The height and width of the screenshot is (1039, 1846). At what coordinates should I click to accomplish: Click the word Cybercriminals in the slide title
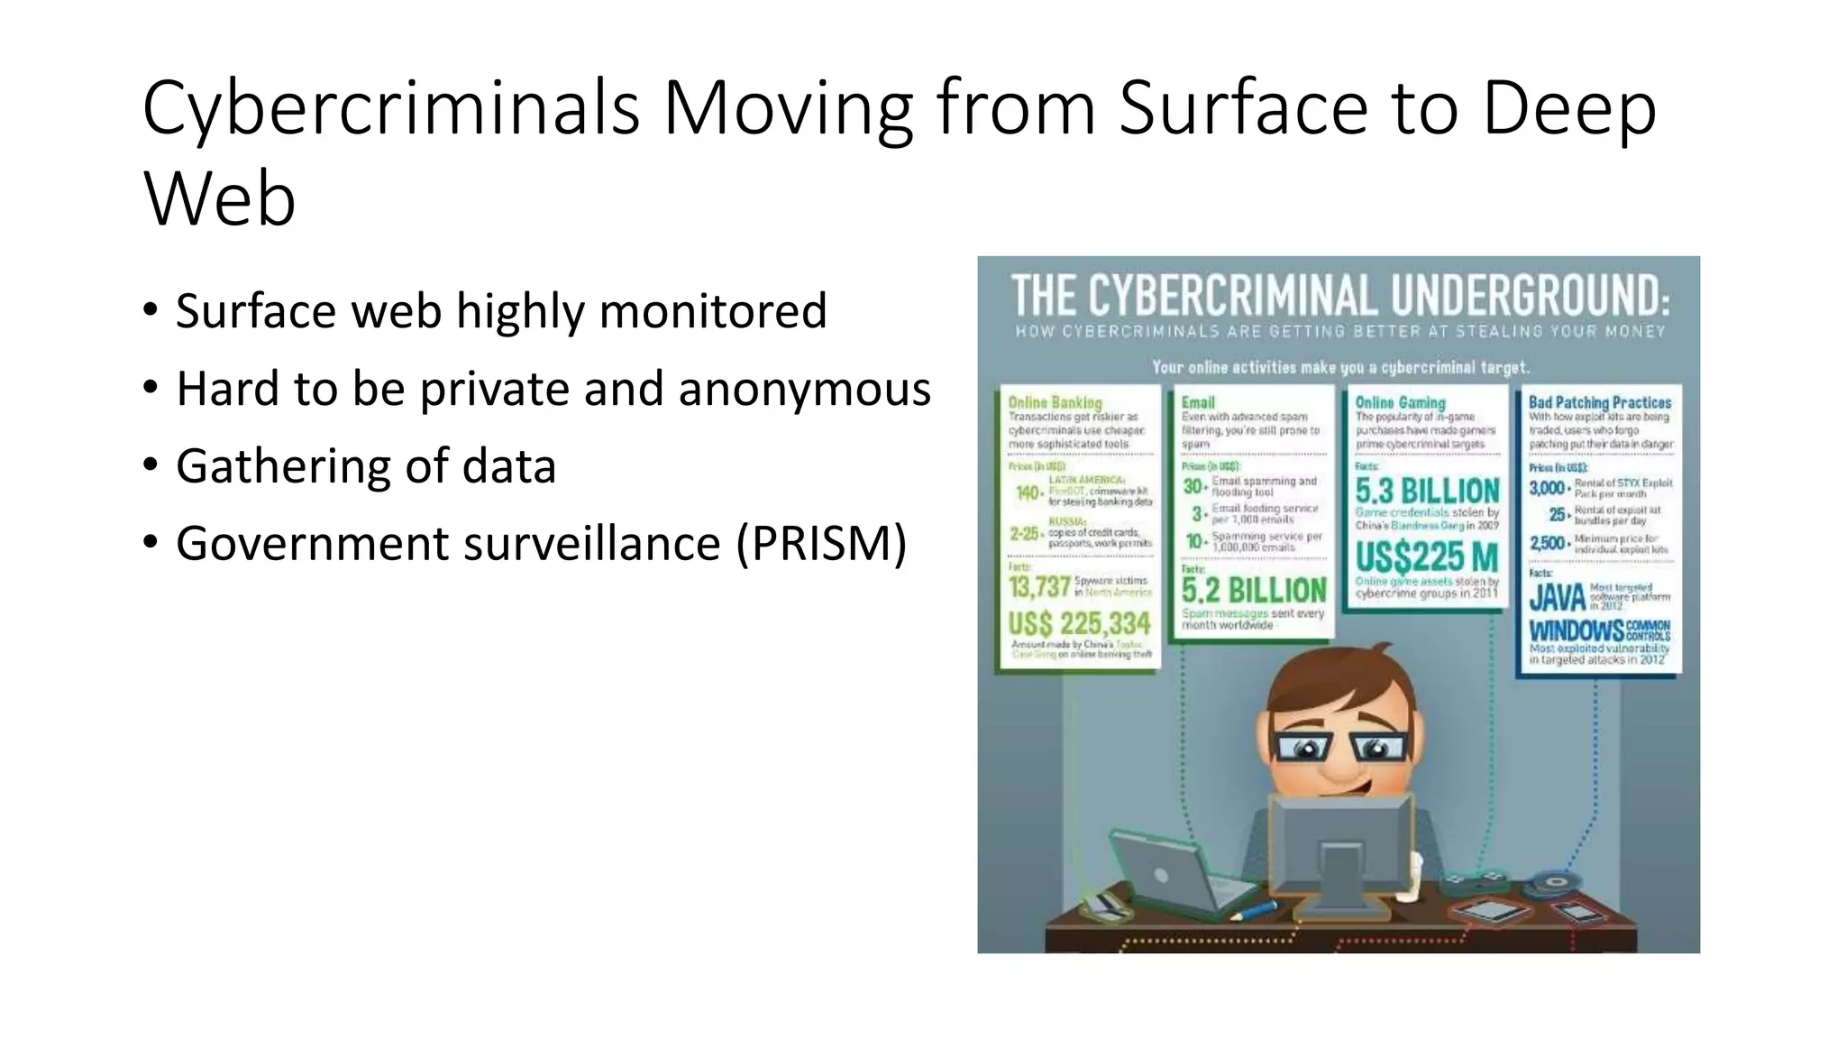390,108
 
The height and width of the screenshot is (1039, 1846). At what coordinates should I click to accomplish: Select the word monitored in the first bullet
712,311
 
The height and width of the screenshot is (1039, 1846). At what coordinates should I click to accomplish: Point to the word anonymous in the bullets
804,390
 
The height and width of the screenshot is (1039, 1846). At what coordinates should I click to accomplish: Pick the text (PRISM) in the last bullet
821,543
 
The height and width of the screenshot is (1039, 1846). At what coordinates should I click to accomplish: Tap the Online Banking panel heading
1055,402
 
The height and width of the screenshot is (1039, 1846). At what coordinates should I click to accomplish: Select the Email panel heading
1198,402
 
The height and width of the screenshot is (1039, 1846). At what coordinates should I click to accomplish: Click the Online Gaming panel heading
1400,402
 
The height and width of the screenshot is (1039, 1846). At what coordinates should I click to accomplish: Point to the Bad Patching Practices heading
1600,402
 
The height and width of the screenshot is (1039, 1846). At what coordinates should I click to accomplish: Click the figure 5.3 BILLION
1427,492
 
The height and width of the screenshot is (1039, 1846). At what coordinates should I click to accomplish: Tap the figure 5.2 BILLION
1254,591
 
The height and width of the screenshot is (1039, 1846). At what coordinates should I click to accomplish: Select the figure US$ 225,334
1079,623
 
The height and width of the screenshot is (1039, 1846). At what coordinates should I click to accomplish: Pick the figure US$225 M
1427,556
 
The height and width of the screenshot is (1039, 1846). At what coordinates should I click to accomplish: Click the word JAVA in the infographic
1557,597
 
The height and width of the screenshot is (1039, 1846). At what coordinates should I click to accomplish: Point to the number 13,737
1038,587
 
